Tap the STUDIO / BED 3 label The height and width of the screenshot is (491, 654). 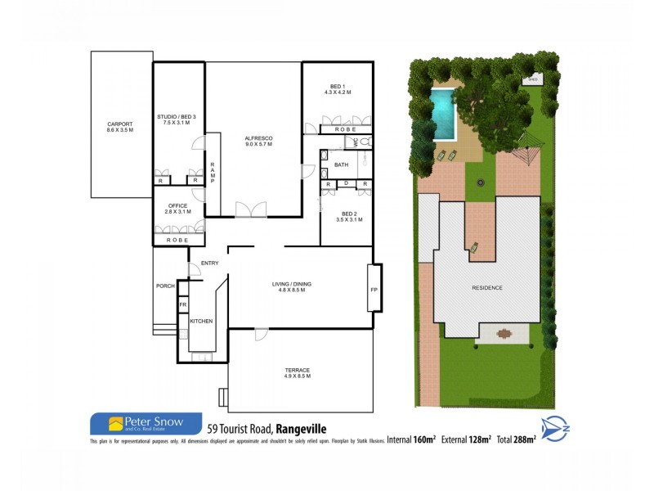point(177,119)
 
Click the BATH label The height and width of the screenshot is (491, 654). point(341,165)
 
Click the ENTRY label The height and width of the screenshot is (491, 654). point(209,263)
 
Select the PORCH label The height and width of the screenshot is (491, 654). point(165,286)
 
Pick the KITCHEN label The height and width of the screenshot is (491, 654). point(201,322)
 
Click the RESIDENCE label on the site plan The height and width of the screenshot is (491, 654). point(486,288)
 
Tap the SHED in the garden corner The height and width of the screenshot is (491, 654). point(532,80)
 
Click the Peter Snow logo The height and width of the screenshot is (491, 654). point(146,424)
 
